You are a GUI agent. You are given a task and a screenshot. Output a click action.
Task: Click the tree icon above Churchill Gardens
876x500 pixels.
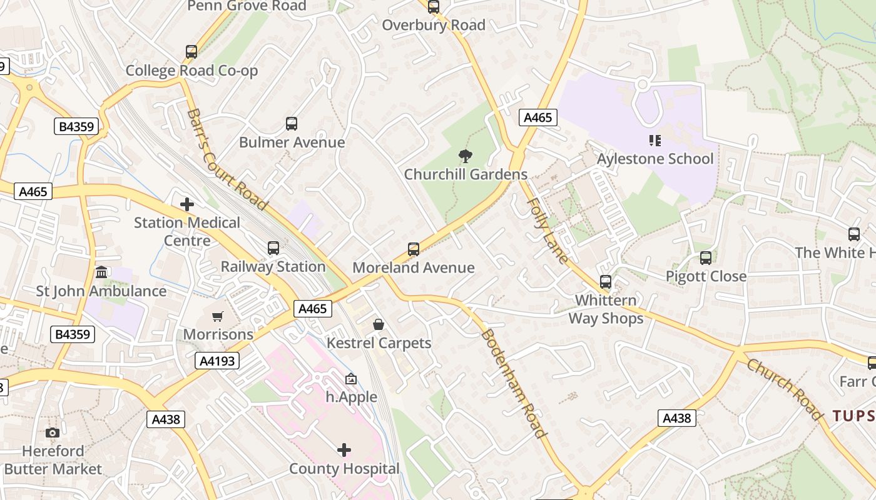465,156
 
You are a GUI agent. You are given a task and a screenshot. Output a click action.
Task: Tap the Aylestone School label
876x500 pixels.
655,159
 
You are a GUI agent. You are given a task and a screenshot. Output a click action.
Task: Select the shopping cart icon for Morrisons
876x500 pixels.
218,317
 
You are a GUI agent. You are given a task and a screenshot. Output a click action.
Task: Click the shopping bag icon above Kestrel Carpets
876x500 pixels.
379,324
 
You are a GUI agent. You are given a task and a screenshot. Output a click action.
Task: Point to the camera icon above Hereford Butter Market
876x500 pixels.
53,432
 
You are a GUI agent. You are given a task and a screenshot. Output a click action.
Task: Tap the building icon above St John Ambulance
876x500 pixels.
101,272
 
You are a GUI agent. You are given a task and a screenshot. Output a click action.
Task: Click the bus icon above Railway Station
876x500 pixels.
273,248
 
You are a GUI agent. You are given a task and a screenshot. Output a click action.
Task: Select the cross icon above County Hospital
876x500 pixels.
344,450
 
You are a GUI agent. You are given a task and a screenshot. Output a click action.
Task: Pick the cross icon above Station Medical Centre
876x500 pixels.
186,204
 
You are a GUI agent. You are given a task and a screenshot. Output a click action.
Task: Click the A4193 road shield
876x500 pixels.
217,361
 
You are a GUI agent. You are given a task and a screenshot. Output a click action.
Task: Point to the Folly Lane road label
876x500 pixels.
548,231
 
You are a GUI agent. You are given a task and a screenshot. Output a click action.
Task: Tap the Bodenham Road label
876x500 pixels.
513,383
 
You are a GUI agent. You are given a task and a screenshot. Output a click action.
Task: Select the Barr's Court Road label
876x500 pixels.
227,159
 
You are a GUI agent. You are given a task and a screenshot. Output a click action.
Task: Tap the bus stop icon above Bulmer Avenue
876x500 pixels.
292,124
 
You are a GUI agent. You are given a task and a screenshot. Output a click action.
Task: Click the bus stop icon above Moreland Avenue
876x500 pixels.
414,249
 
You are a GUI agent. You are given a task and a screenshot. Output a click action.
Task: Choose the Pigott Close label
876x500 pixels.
706,276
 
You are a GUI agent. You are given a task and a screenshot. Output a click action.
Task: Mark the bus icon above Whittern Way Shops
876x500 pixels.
605,282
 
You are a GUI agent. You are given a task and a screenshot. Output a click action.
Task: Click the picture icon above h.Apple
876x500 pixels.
351,379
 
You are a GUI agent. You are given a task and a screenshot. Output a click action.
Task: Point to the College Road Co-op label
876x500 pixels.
191,71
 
